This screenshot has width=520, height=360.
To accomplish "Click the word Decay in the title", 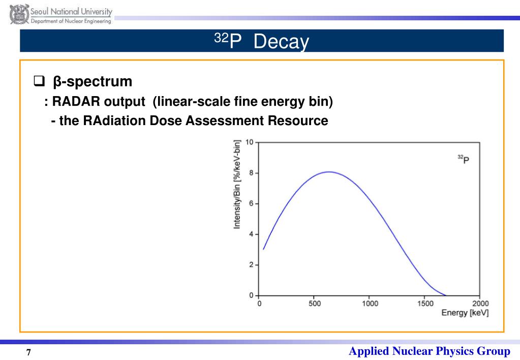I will (x=281, y=42).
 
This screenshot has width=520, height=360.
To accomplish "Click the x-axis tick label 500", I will (x=315, y=304).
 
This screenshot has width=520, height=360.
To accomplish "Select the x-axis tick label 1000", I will (x=370, y=304).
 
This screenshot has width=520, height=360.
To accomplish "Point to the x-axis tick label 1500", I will (x=425, y=304).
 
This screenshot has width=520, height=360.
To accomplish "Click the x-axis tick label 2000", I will (x=480, y=304).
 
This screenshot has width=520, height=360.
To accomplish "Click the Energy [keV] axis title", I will (x=465, y=313).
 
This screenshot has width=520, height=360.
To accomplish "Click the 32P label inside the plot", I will (x=463, y=159).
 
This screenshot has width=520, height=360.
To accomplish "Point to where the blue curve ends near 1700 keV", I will (x=446, y=295).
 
